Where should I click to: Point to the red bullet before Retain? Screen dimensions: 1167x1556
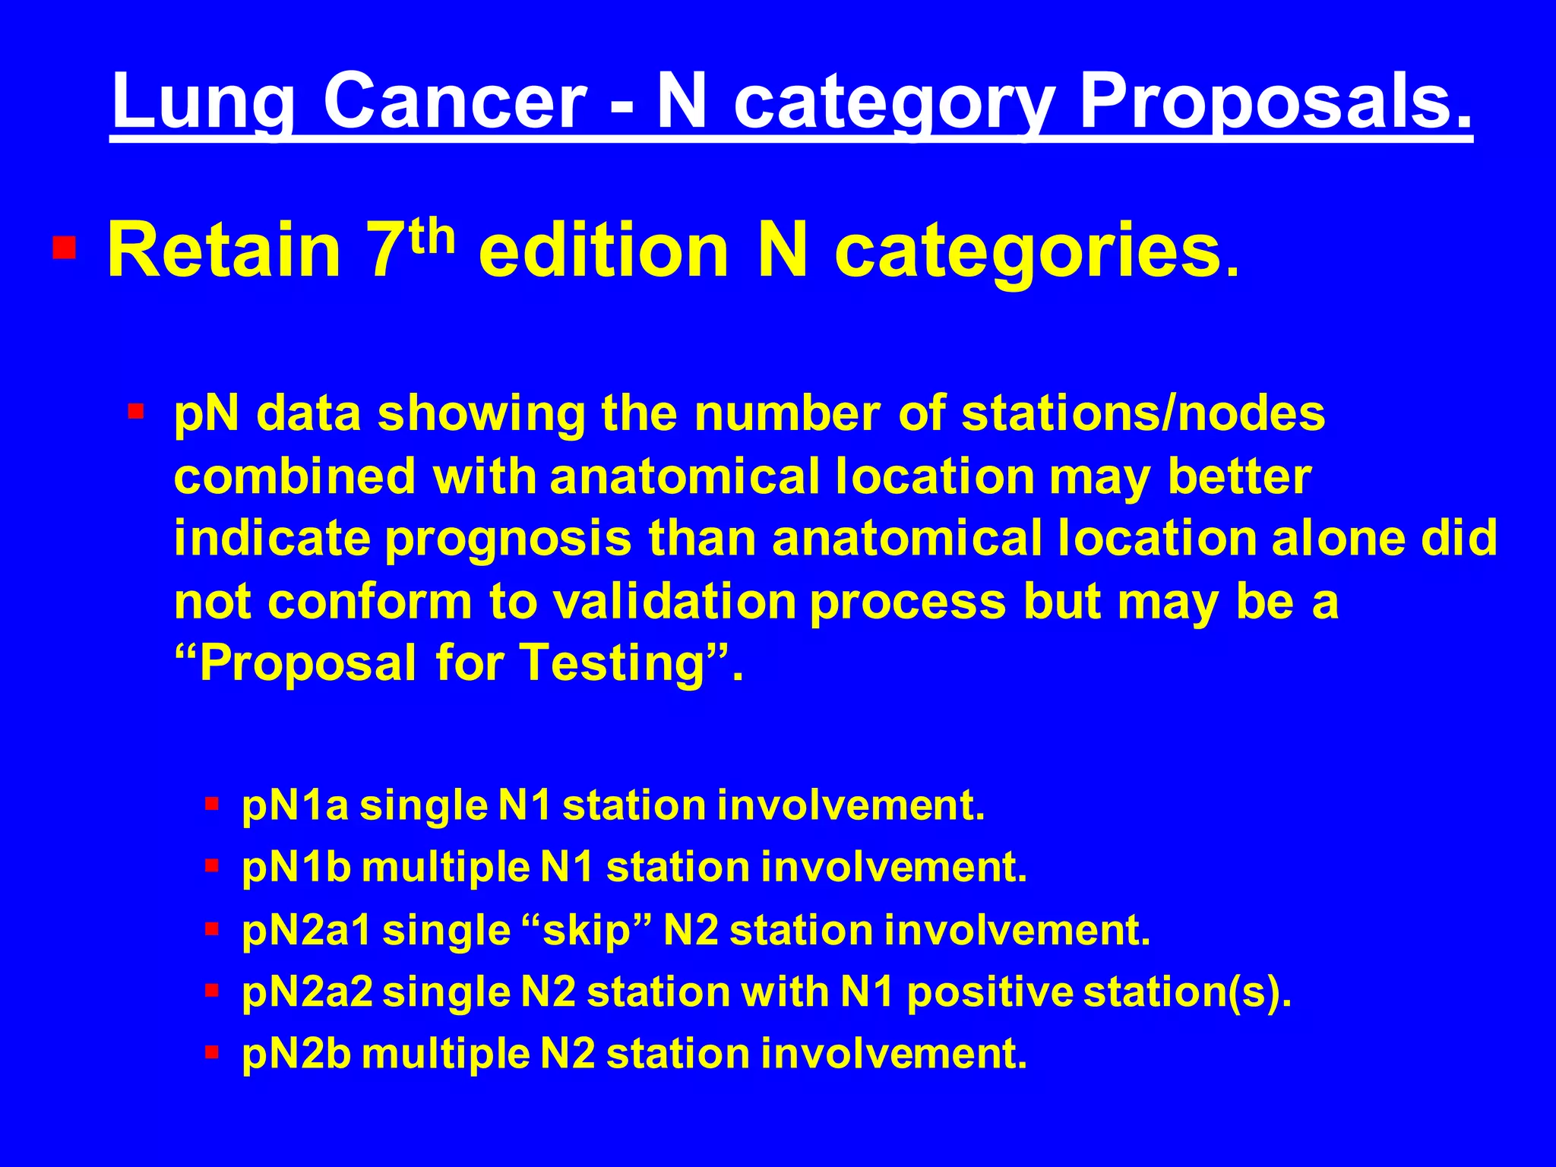point(64,248)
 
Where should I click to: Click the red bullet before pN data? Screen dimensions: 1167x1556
point(136,413)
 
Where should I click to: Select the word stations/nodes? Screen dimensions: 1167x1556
point(1143,414)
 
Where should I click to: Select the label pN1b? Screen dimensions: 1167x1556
point(296,868)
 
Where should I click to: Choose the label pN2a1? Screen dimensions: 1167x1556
point(307,931)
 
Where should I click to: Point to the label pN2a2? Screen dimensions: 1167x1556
point(307,992)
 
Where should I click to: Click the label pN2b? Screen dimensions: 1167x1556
point(296,1055)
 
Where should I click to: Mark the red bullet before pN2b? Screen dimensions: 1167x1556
point(212,1052)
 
